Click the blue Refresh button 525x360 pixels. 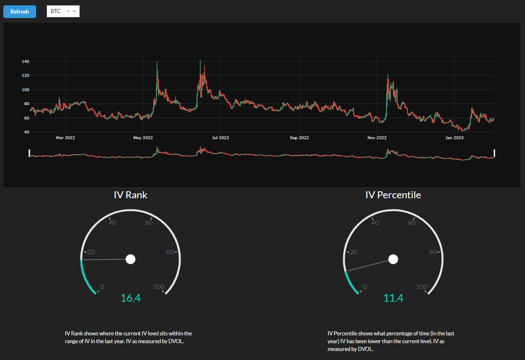pyautogui.click(x=20, y=12)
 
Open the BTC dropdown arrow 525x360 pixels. pyautogui.click(x=74, y=11)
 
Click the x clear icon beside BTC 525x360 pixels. pyautogui.click(x=68, y=11)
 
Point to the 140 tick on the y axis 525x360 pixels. pyautogui.click(x=25, y=62)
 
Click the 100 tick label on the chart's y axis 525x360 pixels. pyautogui.click(x=25, y=90)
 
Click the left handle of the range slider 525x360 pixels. pyautogui.click(x=29, y=153)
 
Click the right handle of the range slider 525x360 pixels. pyautogui.click(x=495, y=153)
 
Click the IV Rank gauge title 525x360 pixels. pyautogui.click(x=130, y=195)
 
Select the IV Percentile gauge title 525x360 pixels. pyautogui.click(x=393, y=195)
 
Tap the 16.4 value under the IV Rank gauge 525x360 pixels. pyautogui.click(x=131, y=298)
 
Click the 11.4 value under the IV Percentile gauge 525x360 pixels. pyautogui.click(x=393, y=298)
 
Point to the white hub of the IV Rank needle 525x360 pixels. pyautogui.click(x=130, y=259)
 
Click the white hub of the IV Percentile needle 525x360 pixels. pyautogui.click(x=393, y=259)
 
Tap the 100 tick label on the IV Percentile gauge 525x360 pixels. pyautogui.click(x=422, y=287)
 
